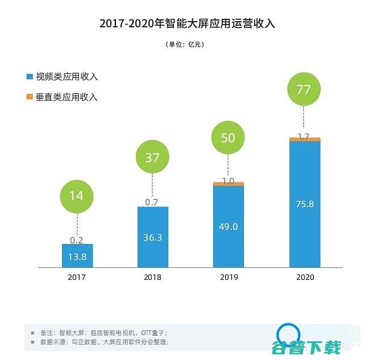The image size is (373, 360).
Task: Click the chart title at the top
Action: tap(186, 23)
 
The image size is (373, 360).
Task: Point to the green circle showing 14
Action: tap(76, 196)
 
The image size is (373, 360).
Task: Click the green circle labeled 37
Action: tap(152, 158)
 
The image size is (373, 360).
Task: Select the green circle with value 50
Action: tap(227, 138)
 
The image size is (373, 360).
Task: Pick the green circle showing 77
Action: tap(304, 89)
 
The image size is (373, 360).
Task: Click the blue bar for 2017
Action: tap(77, 256)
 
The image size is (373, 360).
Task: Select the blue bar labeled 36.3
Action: tap(152, 237)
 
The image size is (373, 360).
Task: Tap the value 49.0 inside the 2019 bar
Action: tap(228, 226)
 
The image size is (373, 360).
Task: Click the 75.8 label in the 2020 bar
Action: tap(304, 204)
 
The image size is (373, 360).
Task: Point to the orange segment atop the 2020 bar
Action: tap(304, 139)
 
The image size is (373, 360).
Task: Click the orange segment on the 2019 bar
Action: tap(228, 184)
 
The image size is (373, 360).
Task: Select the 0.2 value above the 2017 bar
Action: tap(77, 239)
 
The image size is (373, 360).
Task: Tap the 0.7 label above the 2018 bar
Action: tap(152, 202)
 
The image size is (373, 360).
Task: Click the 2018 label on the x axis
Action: tap(152, 277)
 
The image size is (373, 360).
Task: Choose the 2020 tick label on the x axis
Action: tap(304, 277)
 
